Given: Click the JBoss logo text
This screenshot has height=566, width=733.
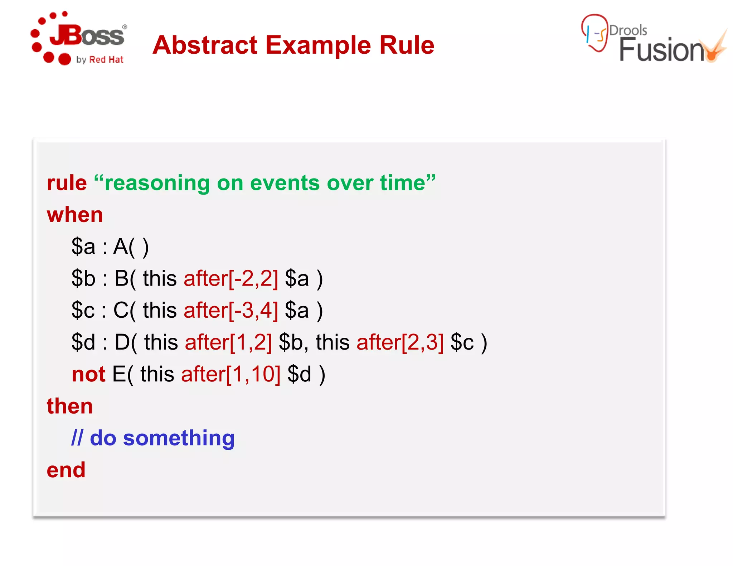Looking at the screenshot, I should pyautogui.click(x=87, y=36).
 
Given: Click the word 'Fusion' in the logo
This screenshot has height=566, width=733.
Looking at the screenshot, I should pyautogui.click(x=661, y=50).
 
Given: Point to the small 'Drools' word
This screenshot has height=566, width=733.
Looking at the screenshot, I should pyautogui.click(x=628, y=30).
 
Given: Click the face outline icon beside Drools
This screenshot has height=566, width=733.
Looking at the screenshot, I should pyautogui.click(x=594, y=33).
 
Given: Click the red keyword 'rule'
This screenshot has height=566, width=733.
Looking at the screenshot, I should pyautogui.click(x=67, y=183).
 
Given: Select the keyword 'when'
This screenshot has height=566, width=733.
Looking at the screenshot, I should pyautogui.click(x=75, y=215).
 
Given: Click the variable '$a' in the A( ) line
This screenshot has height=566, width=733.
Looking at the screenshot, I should pyautogui.click(x=83, y=247).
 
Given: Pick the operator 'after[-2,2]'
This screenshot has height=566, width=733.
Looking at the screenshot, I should pyautogui.click(x=230, y=278).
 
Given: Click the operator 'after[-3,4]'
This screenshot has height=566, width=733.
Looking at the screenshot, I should pyautogui.click(x=230, y=310).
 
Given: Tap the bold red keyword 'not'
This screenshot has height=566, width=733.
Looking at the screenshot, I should pyautogui.click(x=88, y=374).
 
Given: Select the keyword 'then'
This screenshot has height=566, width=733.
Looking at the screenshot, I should pyautogui.click(x=70, y=406).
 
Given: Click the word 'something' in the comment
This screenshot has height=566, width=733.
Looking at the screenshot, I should pyautogui.click(x=179, y=438).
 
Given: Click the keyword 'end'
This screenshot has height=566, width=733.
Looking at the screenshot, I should pyautogui.click(x=66, y=470).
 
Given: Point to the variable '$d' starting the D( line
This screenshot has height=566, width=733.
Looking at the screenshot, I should pyautogui.click(x=83, y=342).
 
